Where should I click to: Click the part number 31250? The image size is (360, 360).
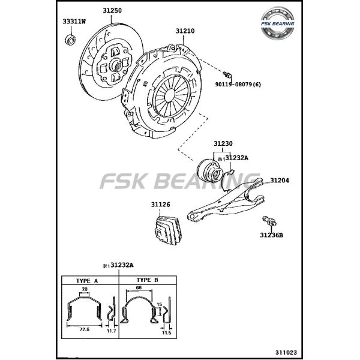point(112,11)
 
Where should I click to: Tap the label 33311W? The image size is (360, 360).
point(74,22)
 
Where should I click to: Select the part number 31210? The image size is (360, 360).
point(185,30)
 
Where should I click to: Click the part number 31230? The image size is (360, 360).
point(223,144)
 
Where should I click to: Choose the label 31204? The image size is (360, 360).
point(280,181)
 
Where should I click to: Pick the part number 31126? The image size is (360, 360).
point(160,205)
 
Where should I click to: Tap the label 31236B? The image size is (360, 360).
point(271,235)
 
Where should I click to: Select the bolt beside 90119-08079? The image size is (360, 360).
point(227,74)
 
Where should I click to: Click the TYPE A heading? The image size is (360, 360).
point(88,280)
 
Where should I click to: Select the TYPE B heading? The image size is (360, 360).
point(148,280)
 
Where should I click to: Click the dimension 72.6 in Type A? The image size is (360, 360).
point(83,328)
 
